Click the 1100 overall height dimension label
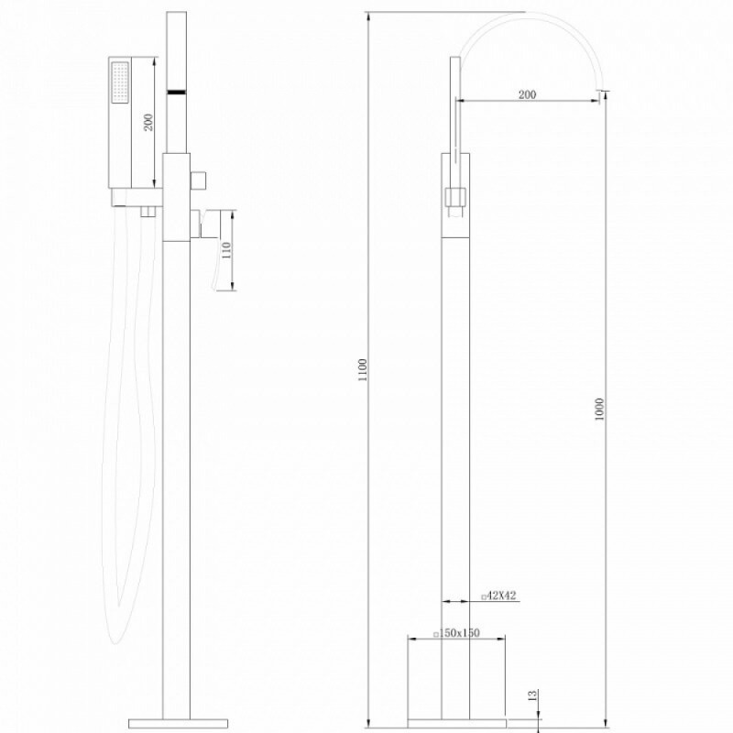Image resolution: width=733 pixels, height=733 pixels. point(363,369)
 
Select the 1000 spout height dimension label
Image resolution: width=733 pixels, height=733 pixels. point(599,409)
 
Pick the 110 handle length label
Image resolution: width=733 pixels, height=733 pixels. point(226,250)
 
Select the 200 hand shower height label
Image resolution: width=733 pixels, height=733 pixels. point(148,122)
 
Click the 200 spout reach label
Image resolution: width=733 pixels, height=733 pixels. point(528,94)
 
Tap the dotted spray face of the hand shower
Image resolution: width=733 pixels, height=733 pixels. point(121,82)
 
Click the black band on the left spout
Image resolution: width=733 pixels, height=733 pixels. point(177,93)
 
